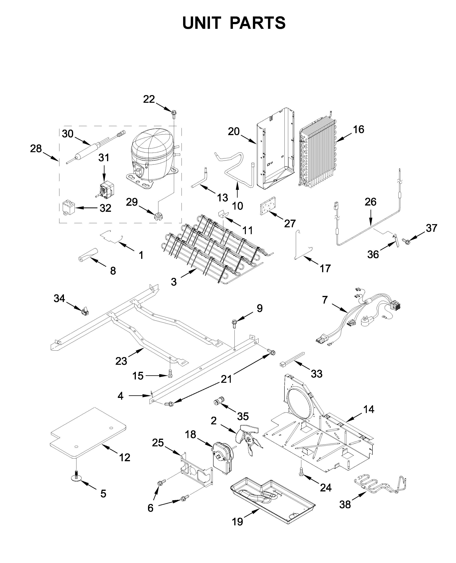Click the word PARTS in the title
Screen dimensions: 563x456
click(x=257, y=23)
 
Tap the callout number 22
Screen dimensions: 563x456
click(x=149, y=99)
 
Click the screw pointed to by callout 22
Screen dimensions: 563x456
click(x=174, y=113)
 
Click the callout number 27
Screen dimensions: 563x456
click(x=290, y=224)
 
